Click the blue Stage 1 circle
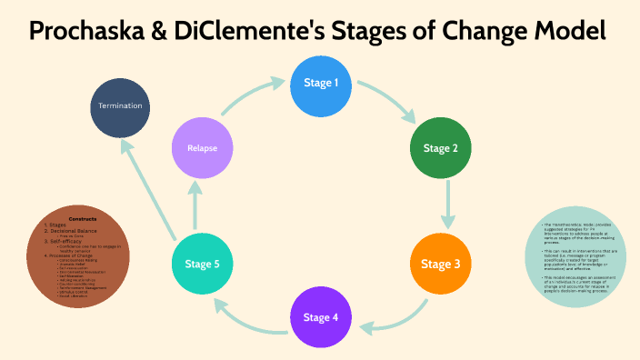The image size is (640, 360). (322, 84)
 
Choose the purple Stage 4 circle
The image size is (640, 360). (322, 317)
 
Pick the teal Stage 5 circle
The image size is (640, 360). (203, 265)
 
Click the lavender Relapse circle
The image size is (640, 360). (203, 147)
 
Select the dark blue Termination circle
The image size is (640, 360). (121, 105)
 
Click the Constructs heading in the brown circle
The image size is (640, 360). (83, 218)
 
